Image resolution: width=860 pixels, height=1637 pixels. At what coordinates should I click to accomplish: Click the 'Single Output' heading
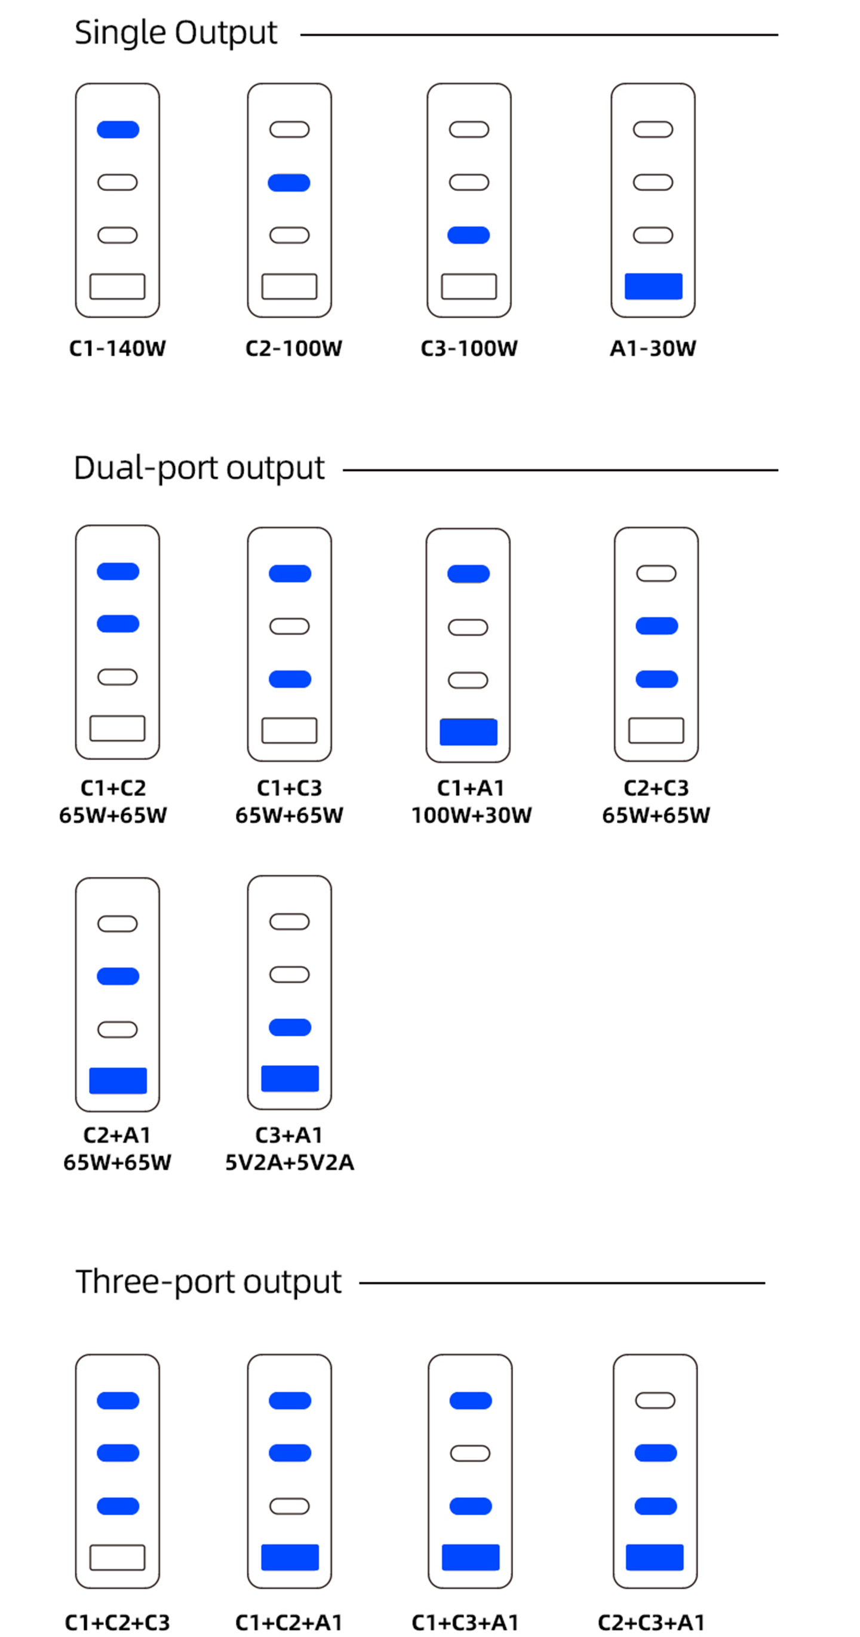[x=176, y=33]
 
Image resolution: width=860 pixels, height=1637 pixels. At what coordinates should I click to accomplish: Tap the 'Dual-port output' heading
[x=199, y=468]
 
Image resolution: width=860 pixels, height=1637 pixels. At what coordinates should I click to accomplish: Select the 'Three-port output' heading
[x=208, y=1282]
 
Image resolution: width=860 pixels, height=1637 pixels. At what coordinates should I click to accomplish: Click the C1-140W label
[x=118, y=348]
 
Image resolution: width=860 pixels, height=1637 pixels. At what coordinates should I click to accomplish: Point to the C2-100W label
[x=294, y=348]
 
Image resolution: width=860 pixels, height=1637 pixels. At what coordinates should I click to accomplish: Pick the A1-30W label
[x=653, y=348]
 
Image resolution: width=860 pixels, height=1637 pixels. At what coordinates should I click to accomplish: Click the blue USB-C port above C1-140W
[x=118, y=130]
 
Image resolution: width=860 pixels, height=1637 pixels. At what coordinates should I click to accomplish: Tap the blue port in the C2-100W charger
[x=289, y=183]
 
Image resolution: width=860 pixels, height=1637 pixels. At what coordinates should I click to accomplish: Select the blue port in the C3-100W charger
[x=468, y=235]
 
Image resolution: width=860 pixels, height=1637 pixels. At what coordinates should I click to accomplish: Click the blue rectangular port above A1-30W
[x=653, y=286]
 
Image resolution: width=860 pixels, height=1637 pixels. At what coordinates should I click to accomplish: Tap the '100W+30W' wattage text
[x=472, y=816]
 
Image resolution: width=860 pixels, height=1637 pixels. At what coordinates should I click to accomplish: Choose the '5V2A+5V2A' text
[x=290, y=1162]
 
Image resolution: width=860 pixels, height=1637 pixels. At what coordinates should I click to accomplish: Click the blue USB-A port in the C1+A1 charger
[x=468, y=732]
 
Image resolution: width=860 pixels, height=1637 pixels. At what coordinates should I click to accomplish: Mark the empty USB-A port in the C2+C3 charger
[x=656, y=730]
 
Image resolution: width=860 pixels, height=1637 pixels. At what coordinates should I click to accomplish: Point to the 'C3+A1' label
[x=289, y=1135]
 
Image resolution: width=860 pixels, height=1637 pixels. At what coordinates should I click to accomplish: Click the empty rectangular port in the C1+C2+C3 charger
[x=118, y=1557]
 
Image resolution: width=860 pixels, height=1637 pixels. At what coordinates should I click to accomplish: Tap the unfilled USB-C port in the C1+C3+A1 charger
[x=470, y=1453]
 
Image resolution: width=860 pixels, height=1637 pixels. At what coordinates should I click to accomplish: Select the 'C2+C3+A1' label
[x=652, y=1623]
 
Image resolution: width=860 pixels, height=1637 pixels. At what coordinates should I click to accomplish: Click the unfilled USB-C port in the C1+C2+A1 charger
[x=289, y=1506]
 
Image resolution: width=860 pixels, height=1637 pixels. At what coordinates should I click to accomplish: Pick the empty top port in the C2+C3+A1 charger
[x=655, y=1401]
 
